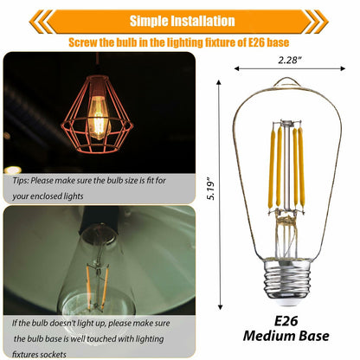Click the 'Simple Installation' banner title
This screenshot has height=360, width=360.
click(182, 21)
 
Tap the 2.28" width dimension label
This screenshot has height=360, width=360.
click(290, 60)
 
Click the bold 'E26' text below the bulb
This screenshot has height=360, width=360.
click(286, 321)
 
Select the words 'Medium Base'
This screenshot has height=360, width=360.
click(286, 336)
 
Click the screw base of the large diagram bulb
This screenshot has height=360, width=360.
click(287, 281)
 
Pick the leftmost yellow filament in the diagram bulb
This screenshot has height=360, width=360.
click(272, 168)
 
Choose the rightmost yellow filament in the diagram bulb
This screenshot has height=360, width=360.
click(301, 167)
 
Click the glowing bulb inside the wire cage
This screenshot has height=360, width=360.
click(99, 117)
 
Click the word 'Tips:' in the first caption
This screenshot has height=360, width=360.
click(21, 181)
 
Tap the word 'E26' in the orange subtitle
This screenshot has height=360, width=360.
click(256, 42)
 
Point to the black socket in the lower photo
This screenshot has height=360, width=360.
click(100, 217)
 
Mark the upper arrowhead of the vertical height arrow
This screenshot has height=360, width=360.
click(219, 82)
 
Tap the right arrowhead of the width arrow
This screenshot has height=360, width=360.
click(343, 68)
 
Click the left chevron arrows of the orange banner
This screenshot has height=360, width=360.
click(41, 22)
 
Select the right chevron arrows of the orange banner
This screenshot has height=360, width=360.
click(317, 22)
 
